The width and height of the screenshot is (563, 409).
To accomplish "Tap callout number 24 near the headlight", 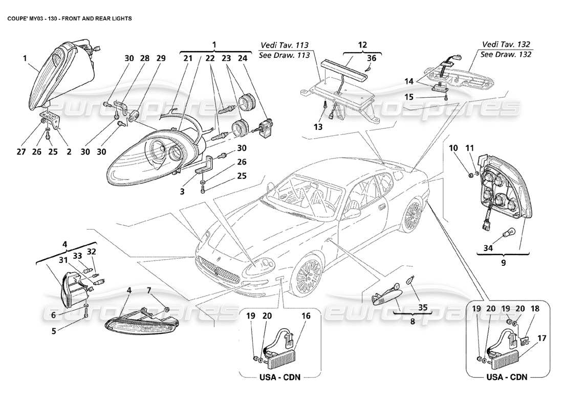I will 242,59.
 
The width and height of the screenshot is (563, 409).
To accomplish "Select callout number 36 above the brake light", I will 372,59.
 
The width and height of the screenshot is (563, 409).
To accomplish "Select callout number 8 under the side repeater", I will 398,323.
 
